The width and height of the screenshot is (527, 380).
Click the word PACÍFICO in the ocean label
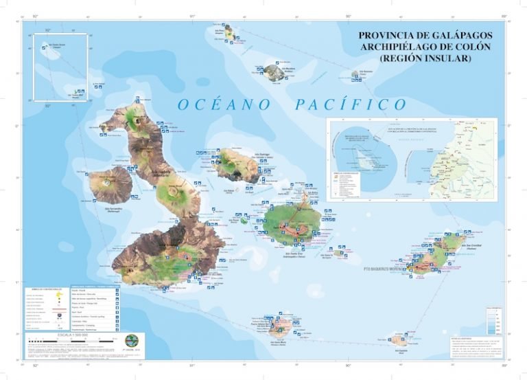tap(351, 105)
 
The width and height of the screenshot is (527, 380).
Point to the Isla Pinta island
tap(227, 32)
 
